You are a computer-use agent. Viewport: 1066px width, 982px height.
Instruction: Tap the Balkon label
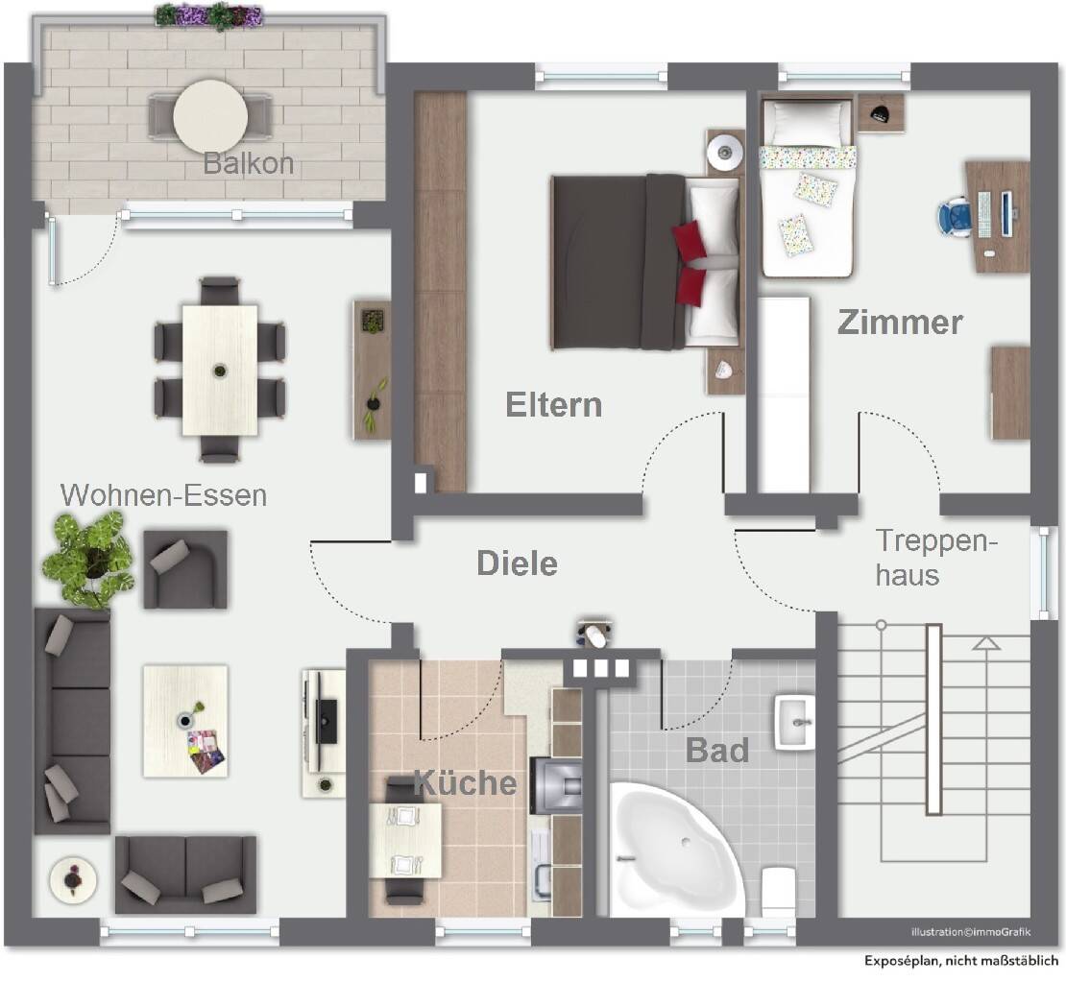pos(248,163)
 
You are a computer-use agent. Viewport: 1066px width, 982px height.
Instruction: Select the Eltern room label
pos(554,405)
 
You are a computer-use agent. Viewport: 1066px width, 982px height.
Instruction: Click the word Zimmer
pos(899,323)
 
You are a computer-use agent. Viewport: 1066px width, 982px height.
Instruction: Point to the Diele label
pos(517,563)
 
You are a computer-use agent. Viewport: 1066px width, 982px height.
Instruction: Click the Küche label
pos(465,782)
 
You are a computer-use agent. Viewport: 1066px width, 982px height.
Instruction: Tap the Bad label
pos(716,750)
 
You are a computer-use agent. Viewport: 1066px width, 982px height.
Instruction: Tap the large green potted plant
pos(89,558)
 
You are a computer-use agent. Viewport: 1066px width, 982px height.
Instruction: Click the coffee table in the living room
pos(185,720)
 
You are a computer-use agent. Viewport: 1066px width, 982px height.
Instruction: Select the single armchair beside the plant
pos(185,568)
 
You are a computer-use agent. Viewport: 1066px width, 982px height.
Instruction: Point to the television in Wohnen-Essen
pos(327,720)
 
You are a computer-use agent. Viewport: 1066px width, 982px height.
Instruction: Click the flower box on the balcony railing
pos(208,15)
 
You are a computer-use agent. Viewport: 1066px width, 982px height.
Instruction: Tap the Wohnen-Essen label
pos(163,495)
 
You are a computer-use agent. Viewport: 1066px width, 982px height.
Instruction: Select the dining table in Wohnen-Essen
pos(220,370)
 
